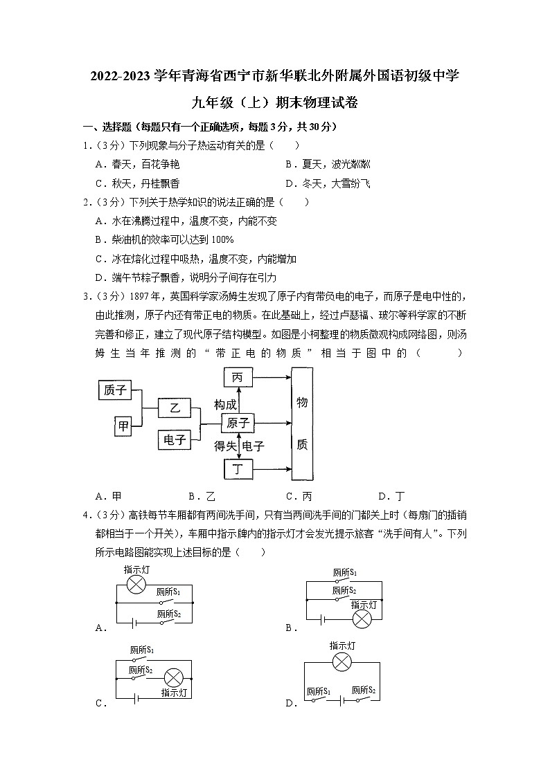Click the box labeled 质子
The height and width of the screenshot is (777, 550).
pyautogui.click(x=114, y=390)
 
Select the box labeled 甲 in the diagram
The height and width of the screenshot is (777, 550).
pyautogui.click(x=123, y=426)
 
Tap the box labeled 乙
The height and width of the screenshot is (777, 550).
pyautogui.click(x=175, y=408)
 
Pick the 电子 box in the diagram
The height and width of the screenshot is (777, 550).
pyautogui.click(x=175, y=439)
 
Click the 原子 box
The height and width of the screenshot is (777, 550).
pyautogui.click(x=238, y=423)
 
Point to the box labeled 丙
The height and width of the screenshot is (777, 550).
pyautogui.click(x=238, y=377)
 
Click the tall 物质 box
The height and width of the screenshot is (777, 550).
pyautogui.click(x=302, y=423)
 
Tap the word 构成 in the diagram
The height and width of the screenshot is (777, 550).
pyautogui.click(x=226, y=405)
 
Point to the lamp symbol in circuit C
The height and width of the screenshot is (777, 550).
pyautogui.click(x=172, y=676)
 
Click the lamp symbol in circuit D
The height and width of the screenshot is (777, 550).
pyautogui.click(x=342, y=662)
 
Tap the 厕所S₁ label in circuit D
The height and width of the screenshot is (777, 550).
pyautogui.click(x=318, y=691)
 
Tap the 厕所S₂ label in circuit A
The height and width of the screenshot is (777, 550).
pyautogui.click(x=168, y=613)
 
